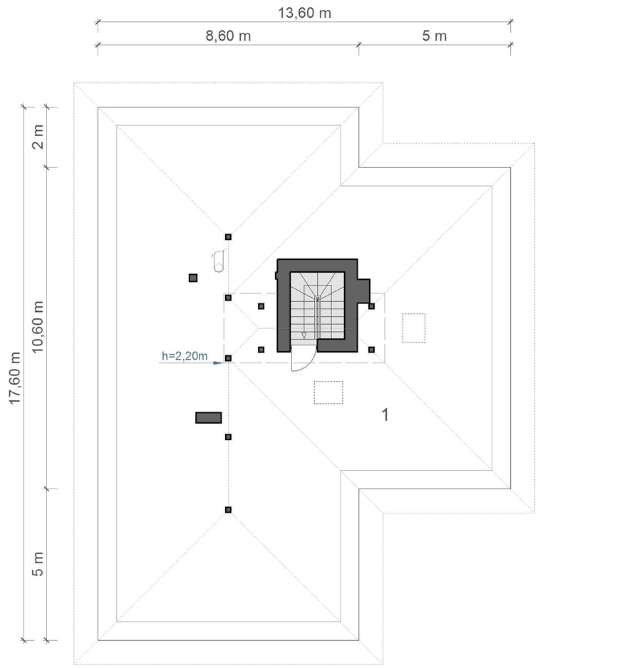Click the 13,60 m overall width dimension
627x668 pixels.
[x=304, y=14]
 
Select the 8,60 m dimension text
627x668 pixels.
[x=228, y=36]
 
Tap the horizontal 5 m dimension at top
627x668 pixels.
[x=435, y=36]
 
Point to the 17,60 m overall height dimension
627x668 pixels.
[x=15, y=378]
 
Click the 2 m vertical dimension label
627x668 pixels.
[x=38, y=137]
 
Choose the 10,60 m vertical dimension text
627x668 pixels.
[x=38, y=327]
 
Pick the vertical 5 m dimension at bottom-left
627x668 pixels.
[x=38, y=564]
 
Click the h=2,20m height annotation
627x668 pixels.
[x=185, y=356]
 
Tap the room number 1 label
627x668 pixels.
[x=385, y=414]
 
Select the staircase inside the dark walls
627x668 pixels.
[x=318, y=306]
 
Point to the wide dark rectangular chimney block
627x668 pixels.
[x=209, y=417]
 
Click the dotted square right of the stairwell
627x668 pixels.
[x=414, y=328]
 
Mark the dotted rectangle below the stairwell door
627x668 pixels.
[x=328, y=392]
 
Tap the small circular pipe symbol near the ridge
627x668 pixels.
[x=219, y=261]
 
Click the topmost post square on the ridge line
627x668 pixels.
[x=229, y=237]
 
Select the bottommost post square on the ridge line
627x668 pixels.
[x=229, y=510]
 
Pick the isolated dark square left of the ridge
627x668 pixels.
[x=193, y=278]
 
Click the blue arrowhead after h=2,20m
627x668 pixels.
[x=218, y=363]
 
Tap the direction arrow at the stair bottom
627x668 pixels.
[x=304, y=335]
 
